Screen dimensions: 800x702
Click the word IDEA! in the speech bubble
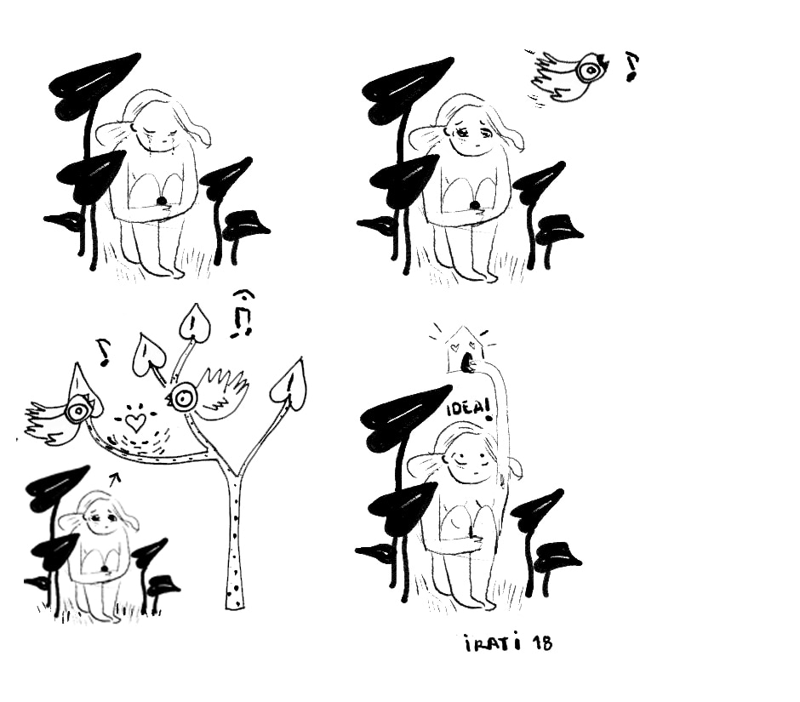tap(467, 408)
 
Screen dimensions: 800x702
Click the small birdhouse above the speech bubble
tap(462, 350)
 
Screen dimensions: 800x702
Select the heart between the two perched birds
tap(135, 421)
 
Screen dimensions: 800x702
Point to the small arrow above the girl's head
tap(116, 477)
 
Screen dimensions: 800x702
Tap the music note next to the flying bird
tap(631, 66)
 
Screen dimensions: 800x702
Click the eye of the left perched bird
tap(77, 411)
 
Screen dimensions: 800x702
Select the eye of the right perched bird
tap(182, 398)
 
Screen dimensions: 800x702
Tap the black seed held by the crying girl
tap(161, 201)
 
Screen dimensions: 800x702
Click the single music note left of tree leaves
tap(103, 352)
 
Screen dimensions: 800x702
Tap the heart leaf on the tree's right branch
tap(289, 384)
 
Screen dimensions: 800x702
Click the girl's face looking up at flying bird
tap(472, 134)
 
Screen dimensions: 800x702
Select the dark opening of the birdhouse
tap(467, 362)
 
